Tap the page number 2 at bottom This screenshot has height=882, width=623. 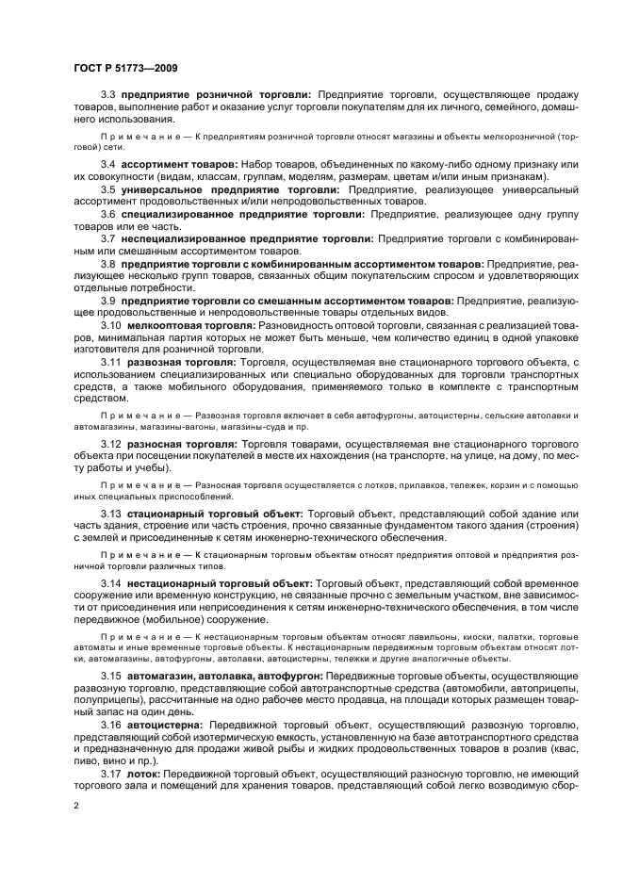[75, 807]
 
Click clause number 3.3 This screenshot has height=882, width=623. [108, 95]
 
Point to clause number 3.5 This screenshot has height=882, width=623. [108, 189]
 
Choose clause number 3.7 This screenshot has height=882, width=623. [108, 238]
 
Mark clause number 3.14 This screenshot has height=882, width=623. [111, 585]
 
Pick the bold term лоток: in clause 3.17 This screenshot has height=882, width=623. [141, 775]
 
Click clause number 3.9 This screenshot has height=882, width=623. [108, 300]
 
